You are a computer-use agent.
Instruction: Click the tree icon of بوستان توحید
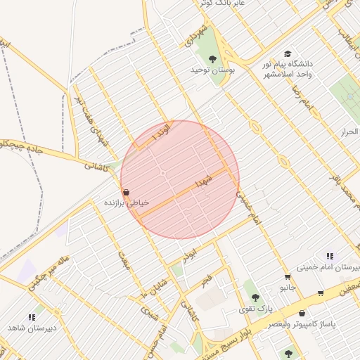click(212, 59)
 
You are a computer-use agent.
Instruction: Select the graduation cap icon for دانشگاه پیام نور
click(287, 54)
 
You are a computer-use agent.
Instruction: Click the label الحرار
click(349, 131)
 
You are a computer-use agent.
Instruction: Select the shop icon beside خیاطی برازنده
click(125, 192)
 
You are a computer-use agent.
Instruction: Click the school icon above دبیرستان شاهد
click(31, 318)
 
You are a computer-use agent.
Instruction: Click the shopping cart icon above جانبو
click(287, 277)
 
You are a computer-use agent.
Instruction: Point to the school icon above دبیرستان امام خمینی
click(329, 257)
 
